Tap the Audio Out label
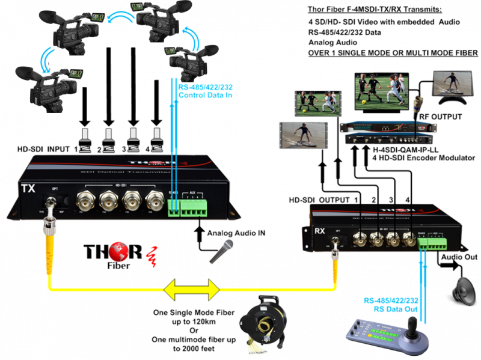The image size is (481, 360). pyautogui.click(x=458, y=257)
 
